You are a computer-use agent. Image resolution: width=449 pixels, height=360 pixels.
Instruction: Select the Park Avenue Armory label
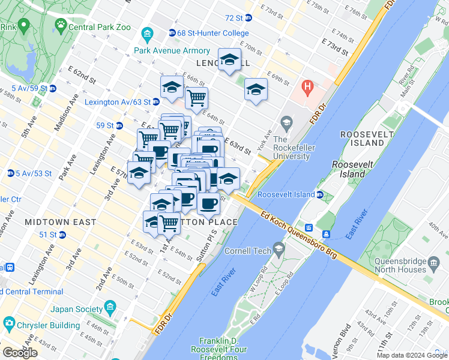172,51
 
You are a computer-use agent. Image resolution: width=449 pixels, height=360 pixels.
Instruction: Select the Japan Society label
74,310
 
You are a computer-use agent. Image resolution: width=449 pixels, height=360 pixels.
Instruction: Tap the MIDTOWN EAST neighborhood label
60,222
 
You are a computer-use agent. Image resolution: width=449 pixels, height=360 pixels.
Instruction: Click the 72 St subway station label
237,19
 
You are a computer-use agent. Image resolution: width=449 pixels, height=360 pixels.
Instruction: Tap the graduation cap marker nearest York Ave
256,89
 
